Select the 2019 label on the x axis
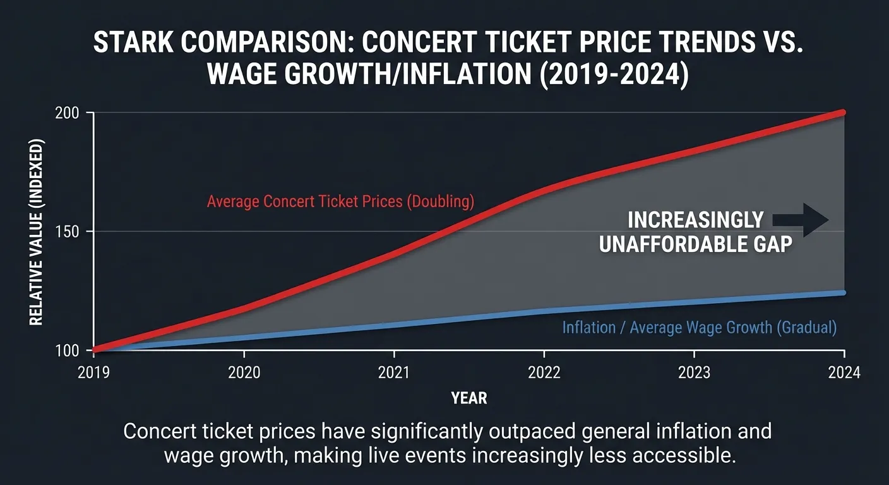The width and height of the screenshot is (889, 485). [94, 373]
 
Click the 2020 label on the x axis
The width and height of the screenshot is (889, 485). [244, 373]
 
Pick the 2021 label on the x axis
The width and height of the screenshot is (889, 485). [394, 373]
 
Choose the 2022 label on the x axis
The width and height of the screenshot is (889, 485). [544, 373]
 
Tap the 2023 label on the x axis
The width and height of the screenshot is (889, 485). [694, 373]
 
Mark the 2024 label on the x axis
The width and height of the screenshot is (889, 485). [844, 373]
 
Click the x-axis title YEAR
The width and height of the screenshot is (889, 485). [469, 398]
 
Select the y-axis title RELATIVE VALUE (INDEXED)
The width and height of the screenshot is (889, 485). [37, 232]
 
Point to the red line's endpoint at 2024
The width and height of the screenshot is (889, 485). [843, 112]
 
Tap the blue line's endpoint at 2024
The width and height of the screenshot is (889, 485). [843, 292]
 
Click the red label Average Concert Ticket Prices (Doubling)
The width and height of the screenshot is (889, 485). [340, 202]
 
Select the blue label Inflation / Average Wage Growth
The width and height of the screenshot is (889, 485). [699, 328]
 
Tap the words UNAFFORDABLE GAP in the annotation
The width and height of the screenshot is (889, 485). [695, 244]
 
